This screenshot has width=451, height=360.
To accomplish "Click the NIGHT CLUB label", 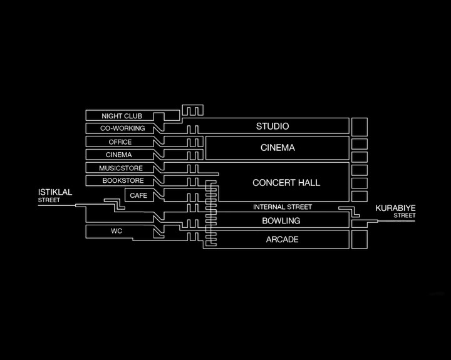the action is click(122, 116).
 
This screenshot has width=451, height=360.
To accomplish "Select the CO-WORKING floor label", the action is click(123, 128).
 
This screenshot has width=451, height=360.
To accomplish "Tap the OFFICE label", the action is click(120, 142).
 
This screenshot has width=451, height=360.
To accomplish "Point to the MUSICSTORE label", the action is click(121, 168).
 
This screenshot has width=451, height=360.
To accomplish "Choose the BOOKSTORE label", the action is click(123, 180).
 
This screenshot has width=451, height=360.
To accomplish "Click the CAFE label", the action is click(138, 195).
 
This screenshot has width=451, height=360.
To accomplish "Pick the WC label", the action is click(117, 231).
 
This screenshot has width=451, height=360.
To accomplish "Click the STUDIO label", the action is click(272, 126).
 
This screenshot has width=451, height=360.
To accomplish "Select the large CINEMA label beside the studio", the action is click(277, 148).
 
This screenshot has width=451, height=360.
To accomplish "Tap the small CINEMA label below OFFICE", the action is click(118, 155).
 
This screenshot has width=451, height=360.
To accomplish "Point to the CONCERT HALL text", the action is click(286, 183).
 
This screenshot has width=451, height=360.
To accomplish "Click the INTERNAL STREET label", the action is click(283, 207).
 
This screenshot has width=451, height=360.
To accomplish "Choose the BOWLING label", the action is click(281, 221).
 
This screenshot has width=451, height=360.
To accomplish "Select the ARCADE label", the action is click(282, 240).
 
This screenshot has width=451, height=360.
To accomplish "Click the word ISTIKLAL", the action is click(55, 192).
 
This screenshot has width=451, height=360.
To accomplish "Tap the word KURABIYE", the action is click(395, 208).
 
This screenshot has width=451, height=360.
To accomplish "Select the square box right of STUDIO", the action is click(360, 127).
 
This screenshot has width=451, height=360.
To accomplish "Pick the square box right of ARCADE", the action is click(360, 239).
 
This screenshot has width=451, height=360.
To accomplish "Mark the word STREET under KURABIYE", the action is click(405, 215).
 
